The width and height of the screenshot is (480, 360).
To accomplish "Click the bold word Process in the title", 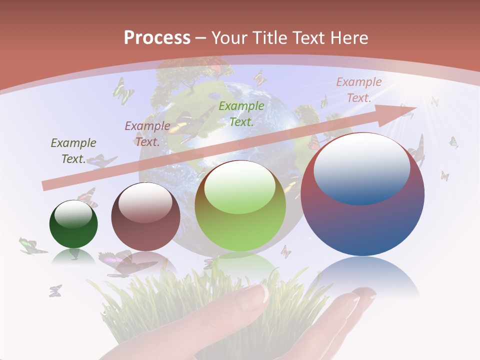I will [157, 38].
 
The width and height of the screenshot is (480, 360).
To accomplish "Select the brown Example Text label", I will [147, 133].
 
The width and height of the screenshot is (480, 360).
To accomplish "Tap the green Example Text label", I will [241, 113].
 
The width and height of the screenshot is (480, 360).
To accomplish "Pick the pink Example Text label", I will [358, 90].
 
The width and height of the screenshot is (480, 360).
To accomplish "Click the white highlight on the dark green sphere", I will [73, 213].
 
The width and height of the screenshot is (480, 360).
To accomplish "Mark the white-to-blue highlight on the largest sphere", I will [361, 169].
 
